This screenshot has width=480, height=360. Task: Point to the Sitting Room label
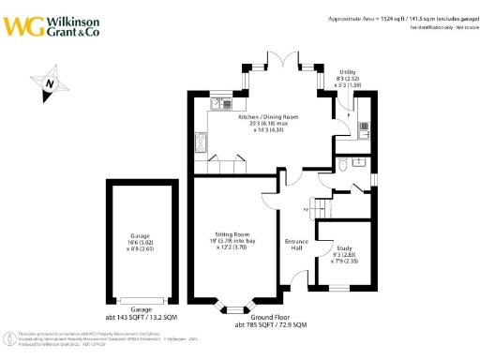(231, 242)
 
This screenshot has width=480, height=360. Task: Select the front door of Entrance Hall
(299, 278)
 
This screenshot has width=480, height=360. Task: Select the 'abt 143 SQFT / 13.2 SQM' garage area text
(141, 316)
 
